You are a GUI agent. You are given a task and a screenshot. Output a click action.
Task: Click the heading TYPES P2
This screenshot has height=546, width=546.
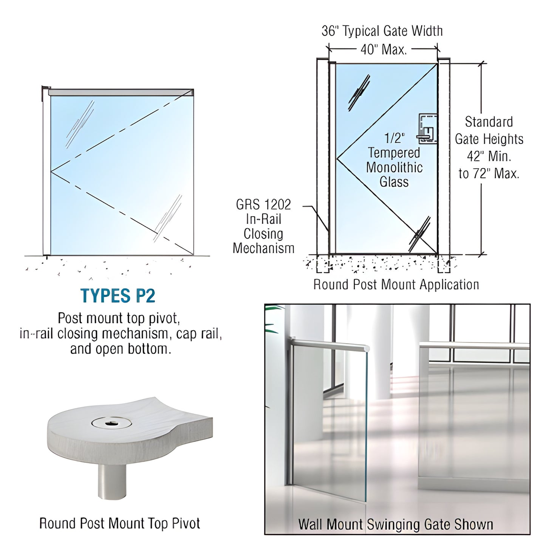click(118, 296)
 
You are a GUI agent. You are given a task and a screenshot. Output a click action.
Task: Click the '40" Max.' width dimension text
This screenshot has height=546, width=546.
click(384, 49)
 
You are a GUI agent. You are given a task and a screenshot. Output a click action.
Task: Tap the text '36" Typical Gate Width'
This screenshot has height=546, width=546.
click(382, 31)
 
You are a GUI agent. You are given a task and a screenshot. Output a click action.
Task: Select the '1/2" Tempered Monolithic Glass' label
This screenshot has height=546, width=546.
click(394, 160)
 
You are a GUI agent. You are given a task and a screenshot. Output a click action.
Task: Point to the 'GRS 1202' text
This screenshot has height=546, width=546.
click(263, 205)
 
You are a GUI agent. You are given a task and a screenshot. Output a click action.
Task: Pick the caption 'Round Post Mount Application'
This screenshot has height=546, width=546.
click(396, 285)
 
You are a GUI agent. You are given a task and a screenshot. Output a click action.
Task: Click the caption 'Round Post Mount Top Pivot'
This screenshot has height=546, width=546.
click(120, 523)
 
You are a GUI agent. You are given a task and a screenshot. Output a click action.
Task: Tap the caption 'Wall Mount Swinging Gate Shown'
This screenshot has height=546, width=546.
click(396, 524)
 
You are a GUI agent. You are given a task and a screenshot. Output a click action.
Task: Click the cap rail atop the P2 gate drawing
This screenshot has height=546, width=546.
click(121, 92)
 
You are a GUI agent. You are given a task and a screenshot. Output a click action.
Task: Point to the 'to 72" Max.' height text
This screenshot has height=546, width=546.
click(489, 173)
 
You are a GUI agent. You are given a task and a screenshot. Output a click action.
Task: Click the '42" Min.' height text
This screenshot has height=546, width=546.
click(489, 156)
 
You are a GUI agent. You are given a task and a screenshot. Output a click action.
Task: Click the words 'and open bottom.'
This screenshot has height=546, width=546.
click(121, 349)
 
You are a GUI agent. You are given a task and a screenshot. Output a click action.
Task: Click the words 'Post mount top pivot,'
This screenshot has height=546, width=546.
click(119, 318)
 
